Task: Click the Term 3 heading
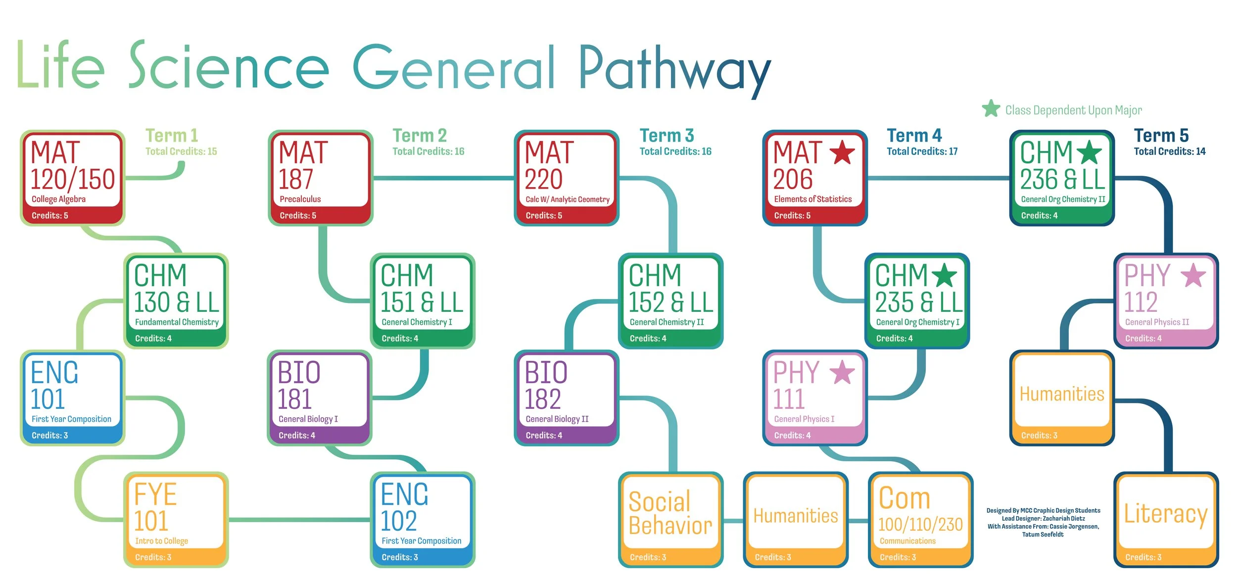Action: tap(666, 135)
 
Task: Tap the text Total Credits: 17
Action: tap(922, 151)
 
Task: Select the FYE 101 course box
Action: tap(176, 519)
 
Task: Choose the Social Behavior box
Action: tap(670, 519)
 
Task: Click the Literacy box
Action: tap(1166, 519)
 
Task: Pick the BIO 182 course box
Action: tap(567, 398)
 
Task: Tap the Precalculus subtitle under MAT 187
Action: tap(300, 199)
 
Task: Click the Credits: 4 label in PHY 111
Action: tap(792, 436)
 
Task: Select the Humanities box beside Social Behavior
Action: tap(796, 519)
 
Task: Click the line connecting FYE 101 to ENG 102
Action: tap(299, 520)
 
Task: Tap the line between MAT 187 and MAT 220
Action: tap(443, 178)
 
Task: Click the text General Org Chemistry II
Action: tap(1063, 199)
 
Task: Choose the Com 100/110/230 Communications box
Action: tap(920, 519)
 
